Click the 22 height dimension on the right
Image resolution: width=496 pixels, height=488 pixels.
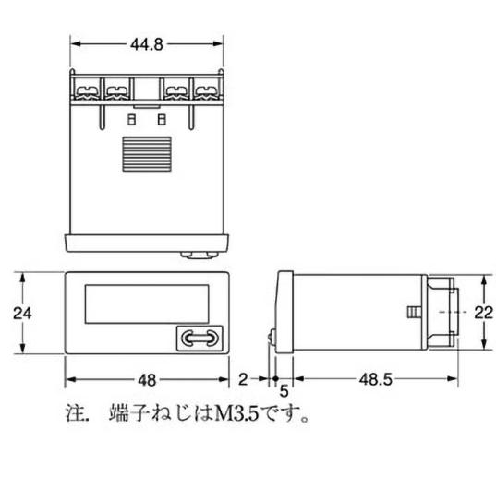click(482, 313)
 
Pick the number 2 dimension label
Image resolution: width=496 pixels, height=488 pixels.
click(242, 379)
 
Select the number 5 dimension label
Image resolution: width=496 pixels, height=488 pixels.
click(284, 391)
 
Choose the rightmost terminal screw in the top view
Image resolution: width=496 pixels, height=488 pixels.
click(206, 89)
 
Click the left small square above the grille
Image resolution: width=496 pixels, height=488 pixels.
click(131, 120)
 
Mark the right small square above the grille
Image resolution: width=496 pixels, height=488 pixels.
click(163, 120)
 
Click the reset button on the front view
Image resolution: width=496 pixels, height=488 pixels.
click(197, 339)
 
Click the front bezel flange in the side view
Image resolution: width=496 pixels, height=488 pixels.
click(285, 313)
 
